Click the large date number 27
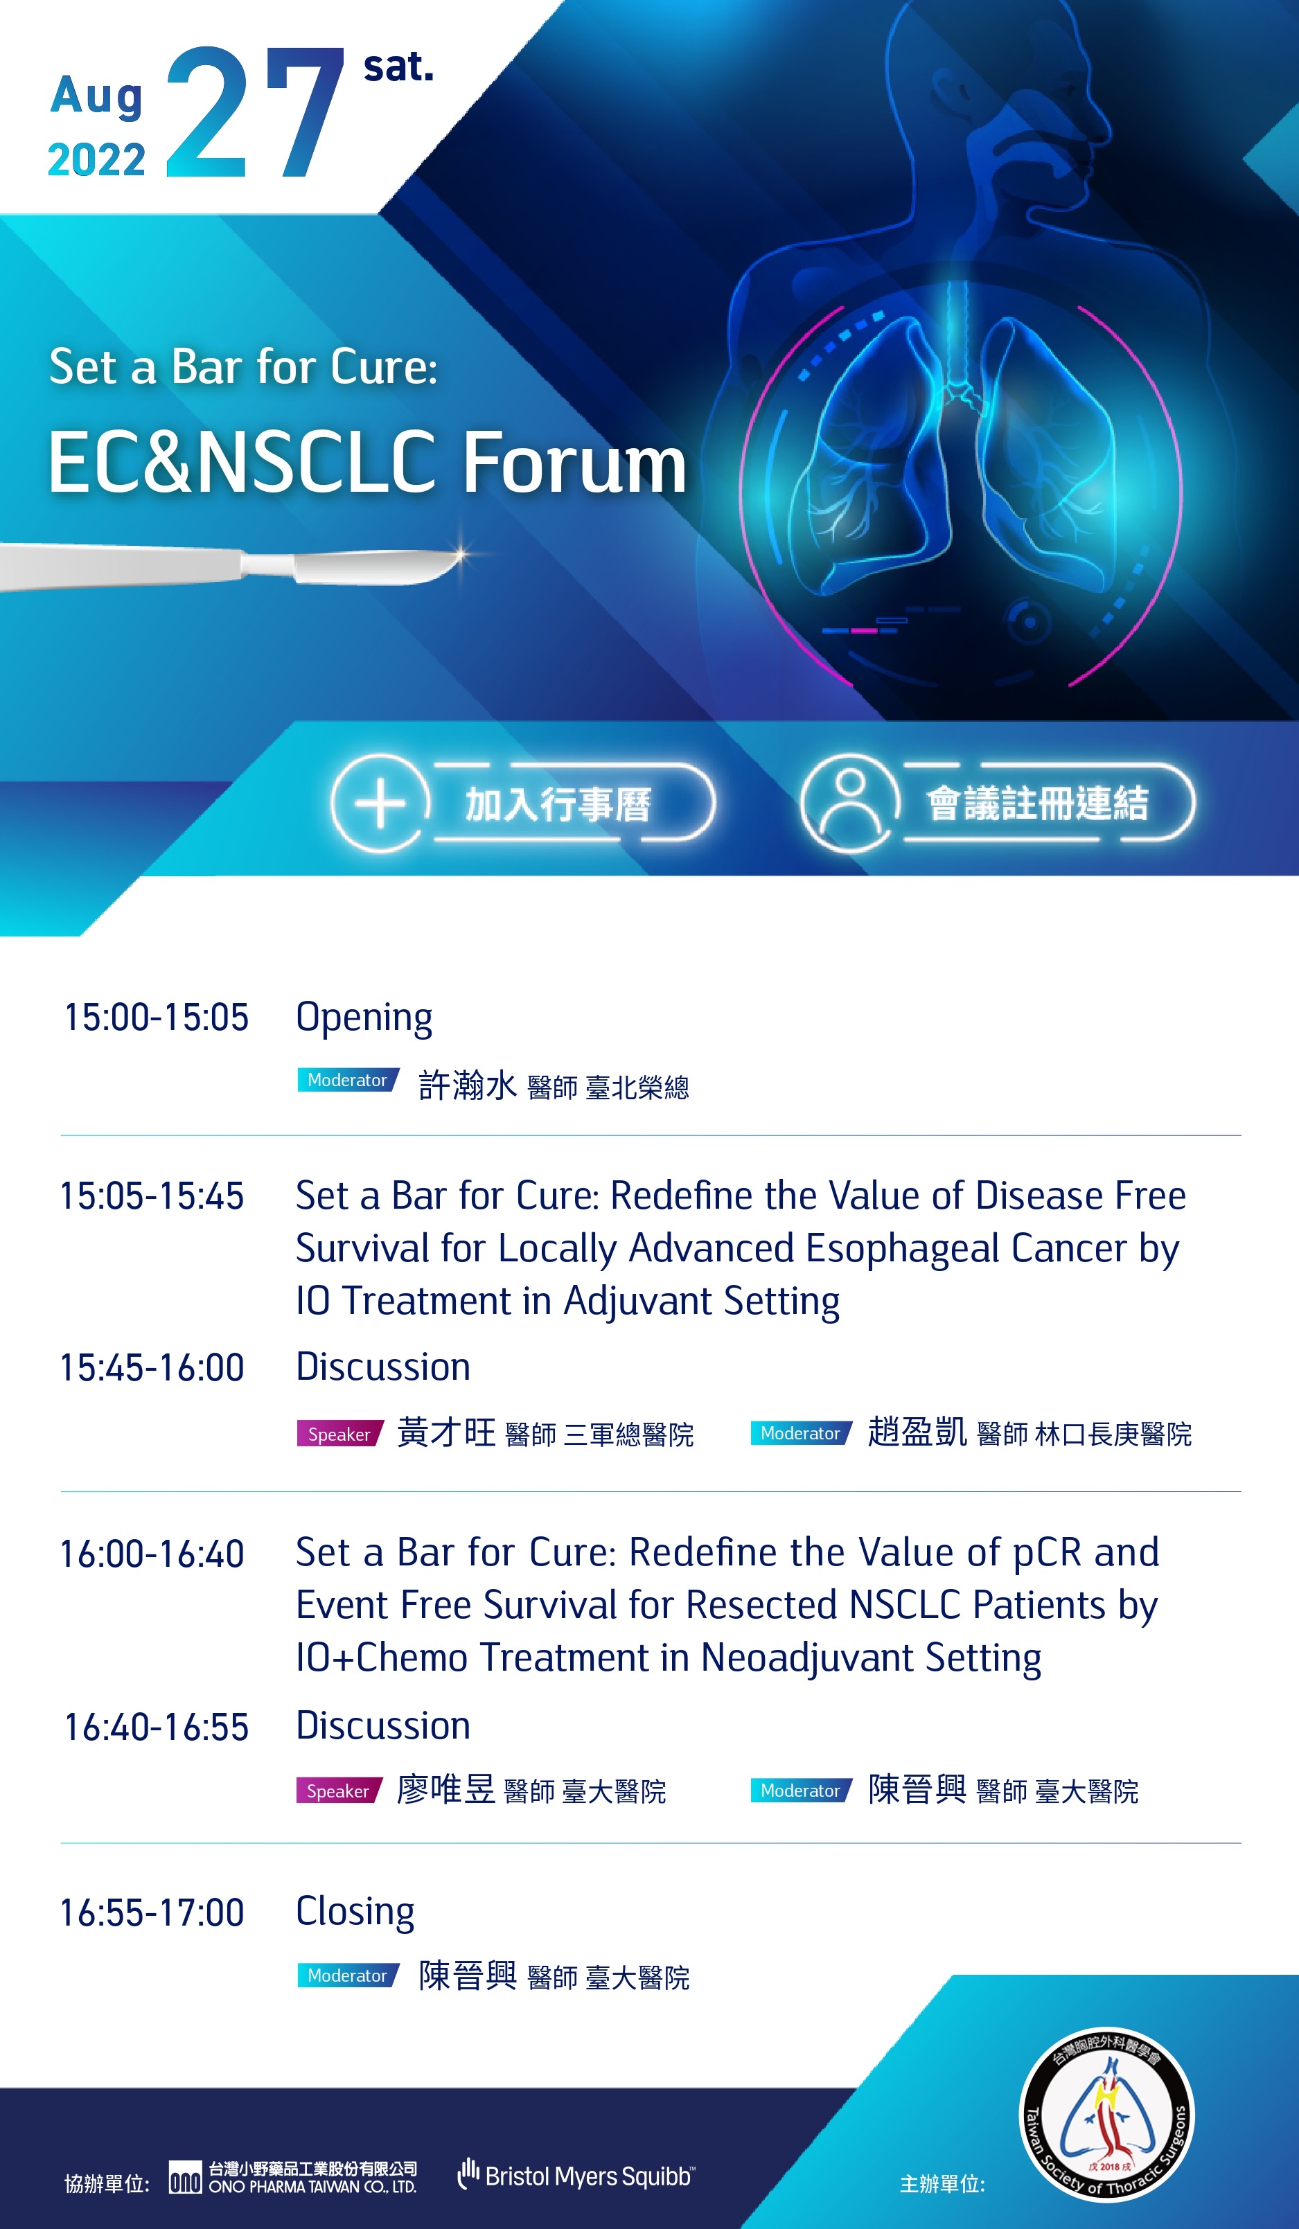(255, 112)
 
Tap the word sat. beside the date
(398, 67)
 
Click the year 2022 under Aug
(96, 160)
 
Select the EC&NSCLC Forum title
(367, 462)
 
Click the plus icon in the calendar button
(380, 803)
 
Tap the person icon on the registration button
(849, 803)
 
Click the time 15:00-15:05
(157, 1018)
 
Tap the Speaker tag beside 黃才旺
(339, 1434)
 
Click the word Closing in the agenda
(355, 1912)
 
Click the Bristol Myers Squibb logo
(576, 2175)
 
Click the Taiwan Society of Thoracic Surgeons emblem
(1106, 2114)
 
